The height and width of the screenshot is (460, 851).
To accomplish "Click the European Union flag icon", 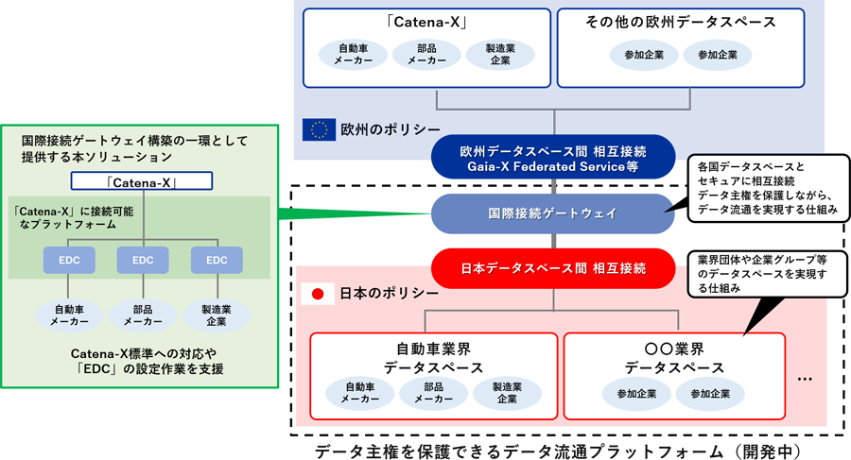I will pos(319,129).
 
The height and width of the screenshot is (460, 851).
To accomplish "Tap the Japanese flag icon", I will pos(318,294).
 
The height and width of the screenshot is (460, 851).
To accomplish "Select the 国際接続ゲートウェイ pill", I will pos(552,213).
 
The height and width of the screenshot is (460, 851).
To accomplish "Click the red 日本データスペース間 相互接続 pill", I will pos(552,268).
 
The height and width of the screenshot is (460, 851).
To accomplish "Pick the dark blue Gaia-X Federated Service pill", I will pos(552,158).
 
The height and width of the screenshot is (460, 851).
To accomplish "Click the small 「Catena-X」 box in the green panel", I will pos(143,180).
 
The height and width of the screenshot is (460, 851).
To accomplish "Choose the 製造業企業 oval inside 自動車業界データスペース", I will pos(507,393).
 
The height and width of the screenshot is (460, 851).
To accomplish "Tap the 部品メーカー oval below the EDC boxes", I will pos(143,315).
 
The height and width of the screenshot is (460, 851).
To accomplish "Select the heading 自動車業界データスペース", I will pos(434,358).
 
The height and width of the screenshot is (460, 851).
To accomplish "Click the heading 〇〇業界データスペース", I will pos(674,358).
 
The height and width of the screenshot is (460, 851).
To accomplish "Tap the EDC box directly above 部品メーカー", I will pos(143,260).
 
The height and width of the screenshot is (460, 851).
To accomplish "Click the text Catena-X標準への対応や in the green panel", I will pos(143,351).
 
